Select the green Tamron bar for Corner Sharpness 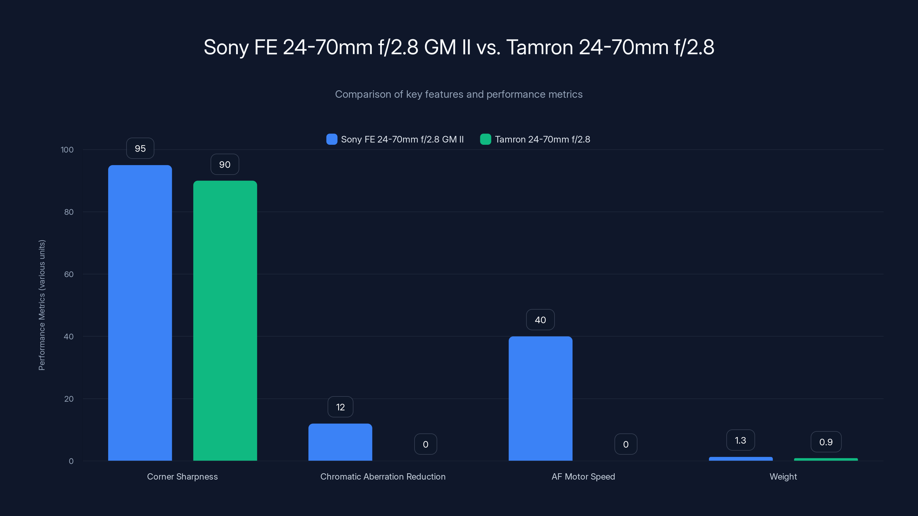(225, 320)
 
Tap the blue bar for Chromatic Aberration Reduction (340, 442)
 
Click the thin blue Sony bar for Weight (740, 459)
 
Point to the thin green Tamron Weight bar (826, 459)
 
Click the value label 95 (140, 148)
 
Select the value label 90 (225, 164)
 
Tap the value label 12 (340, 407)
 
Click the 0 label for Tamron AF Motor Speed (626, 444)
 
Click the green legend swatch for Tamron (485, 139)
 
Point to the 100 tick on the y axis (67, 150)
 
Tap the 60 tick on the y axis (69, 274)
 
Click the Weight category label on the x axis (783, 476)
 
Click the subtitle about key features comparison (459, 94)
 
